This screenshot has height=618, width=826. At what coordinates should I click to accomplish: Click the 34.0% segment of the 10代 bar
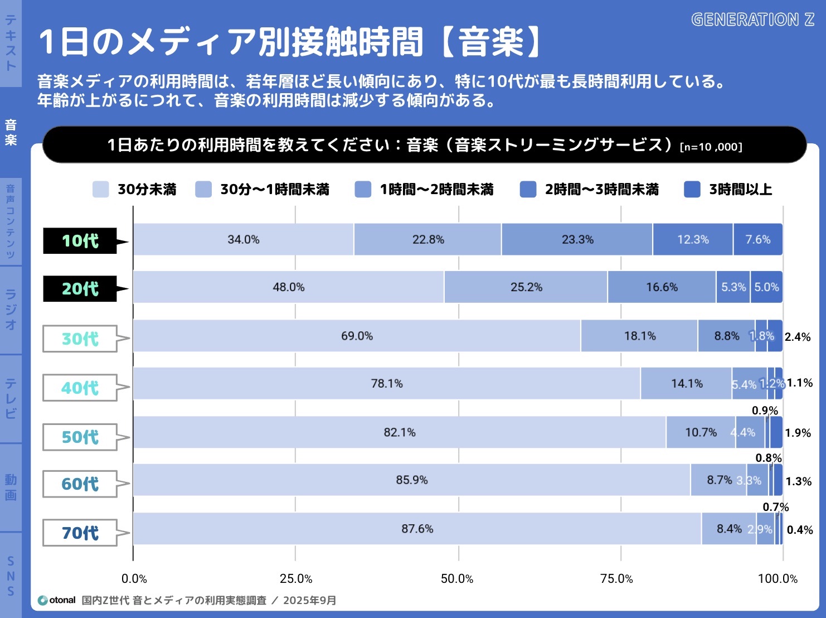(244, 239)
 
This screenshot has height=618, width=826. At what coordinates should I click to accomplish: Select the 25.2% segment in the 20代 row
(526, 287)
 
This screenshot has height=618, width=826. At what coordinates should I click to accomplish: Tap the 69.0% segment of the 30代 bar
(357, 336)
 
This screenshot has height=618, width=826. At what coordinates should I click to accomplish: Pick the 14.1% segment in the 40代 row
(686, 384)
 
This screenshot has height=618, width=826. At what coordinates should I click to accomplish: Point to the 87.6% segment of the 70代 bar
(417, 529)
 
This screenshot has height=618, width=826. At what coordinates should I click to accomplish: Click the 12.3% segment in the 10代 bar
(693, 239)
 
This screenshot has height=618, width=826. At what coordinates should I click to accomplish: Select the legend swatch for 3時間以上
(692, 190)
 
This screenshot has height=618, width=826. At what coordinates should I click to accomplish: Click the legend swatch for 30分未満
(101, 190)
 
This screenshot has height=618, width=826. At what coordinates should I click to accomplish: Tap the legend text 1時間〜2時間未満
(436, 190)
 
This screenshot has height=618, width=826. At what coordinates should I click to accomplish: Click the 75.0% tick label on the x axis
(616, 579)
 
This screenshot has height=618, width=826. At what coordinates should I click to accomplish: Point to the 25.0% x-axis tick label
(296, 579)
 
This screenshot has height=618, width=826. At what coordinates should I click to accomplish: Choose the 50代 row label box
(80, 437)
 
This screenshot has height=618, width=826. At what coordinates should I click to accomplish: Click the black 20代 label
(80, 288)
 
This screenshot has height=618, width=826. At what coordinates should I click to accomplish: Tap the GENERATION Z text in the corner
(752, 20)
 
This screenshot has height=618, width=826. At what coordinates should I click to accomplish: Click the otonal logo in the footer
(56, 600)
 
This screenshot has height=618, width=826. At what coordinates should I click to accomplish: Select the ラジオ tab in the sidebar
(11, 310)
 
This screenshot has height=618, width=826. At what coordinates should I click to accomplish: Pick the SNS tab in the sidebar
(11, 576)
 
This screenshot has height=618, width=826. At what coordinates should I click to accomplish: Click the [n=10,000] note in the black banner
(711, 147)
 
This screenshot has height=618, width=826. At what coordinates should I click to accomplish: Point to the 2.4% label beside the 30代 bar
(798, 337)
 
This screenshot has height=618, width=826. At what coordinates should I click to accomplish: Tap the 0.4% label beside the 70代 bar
(800, 530)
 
